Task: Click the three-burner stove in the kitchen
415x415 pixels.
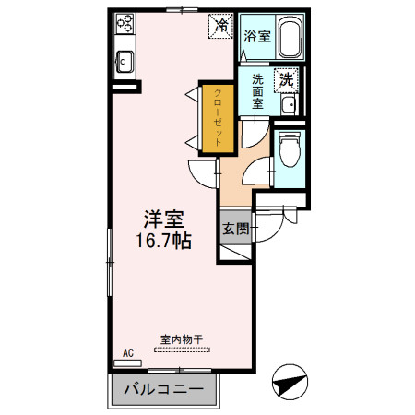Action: point(125,25)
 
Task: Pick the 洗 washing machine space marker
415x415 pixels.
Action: point(288,80)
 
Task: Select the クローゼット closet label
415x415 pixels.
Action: point(219,117)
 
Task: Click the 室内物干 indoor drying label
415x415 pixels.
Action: point(181,339)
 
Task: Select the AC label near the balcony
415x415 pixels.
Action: point(128,352)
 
